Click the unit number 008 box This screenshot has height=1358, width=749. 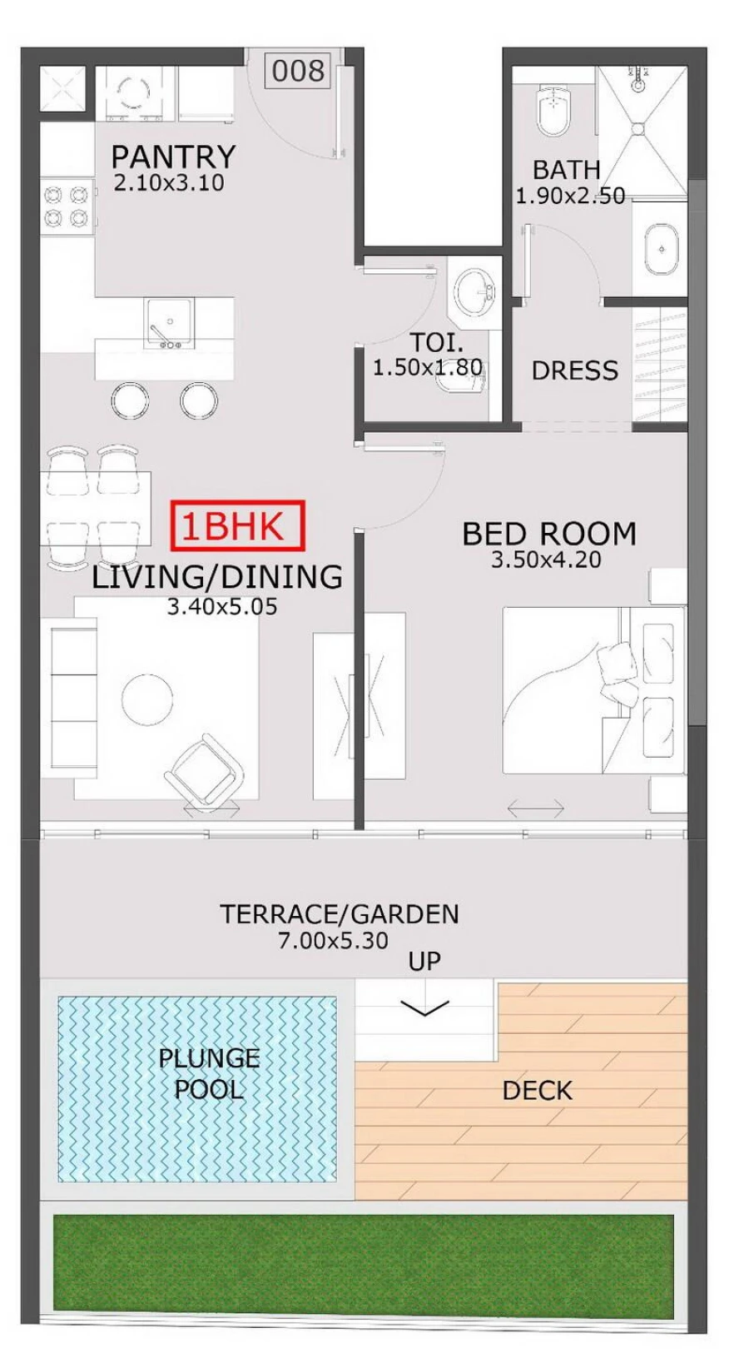tap(297, 71)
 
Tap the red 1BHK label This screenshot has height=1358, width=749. tap(238, 526)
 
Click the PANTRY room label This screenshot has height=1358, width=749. tap(173, 156)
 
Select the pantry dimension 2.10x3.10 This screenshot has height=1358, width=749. tap(169, 183)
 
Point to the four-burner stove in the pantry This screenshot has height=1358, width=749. tap(67, 206)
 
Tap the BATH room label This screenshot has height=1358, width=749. tap(566, 170)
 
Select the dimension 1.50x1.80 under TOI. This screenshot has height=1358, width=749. tap(427, 367)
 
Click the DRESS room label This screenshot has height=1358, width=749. tap(574, 371)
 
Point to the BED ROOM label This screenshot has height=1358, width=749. tap(549, 534)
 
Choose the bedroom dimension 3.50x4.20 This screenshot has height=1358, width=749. tap(546, 560)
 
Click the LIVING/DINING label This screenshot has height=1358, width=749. tap(216, 577)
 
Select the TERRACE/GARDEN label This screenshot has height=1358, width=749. tap(340, 914)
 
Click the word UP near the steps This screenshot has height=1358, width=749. tap(424, 962)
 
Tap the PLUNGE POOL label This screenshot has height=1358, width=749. tap(209, 1074)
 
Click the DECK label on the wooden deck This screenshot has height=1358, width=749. tap(537, 1091)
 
